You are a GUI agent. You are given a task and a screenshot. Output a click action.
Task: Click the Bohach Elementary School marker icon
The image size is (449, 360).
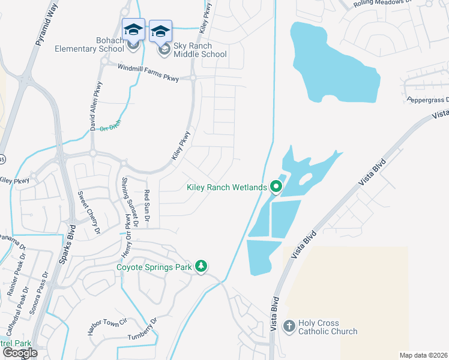(133, 29)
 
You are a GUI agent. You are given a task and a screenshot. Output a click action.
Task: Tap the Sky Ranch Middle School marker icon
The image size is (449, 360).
(160, 31)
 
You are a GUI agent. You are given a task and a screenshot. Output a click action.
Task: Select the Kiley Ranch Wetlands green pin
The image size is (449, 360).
(276, 187)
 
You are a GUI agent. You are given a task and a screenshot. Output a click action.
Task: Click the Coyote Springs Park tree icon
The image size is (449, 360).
(202, 266)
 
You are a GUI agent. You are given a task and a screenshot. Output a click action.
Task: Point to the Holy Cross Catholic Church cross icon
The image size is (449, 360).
(289, 326)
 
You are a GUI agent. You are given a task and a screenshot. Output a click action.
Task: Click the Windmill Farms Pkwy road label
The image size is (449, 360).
(148, 72)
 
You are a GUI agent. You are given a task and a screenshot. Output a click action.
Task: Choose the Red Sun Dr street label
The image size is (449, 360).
(146, 204)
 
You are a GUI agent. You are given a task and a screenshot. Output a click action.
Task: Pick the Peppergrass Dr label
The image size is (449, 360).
(426, 99)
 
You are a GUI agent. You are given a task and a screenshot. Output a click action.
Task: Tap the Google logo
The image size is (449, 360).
(20, 353)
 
